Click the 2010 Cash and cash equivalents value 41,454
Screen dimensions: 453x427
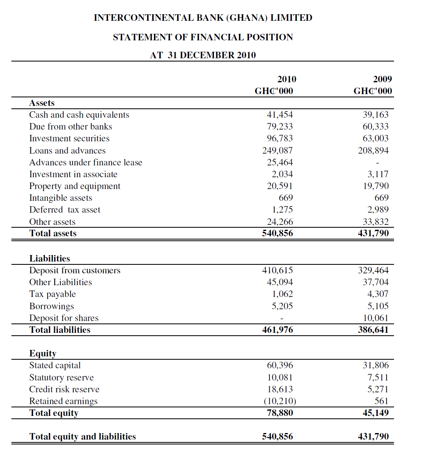(280, 115)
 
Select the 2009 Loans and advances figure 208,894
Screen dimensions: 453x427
(373, 151)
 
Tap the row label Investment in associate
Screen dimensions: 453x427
(73, 174)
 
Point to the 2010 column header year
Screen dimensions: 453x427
(287, 79)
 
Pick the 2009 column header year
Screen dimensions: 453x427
(382, 79)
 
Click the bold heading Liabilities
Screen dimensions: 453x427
(50, 259)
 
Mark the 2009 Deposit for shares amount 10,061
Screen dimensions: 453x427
(376, 318)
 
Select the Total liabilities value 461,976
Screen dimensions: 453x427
(277, 330)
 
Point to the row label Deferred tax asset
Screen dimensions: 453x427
(64, 210)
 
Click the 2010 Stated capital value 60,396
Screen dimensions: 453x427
(280, 365)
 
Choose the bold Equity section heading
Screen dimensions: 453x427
(43, 354)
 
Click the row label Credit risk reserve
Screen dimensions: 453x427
(64, 389)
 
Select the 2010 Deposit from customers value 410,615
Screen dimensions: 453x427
(277, 270)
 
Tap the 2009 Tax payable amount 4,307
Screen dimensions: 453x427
(378, 294)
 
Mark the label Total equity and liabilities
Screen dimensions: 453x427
(83, 437)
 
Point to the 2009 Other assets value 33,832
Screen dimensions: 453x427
(376, 222)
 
